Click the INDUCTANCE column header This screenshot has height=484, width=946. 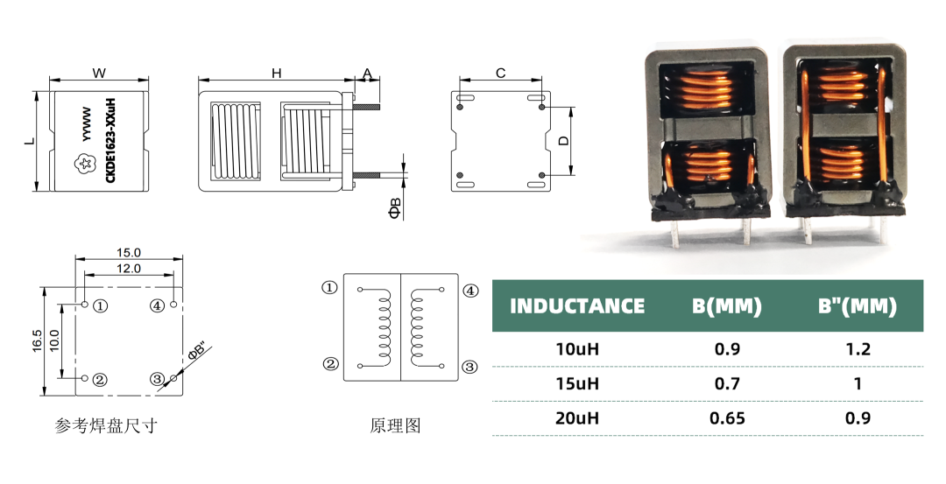(576, 306)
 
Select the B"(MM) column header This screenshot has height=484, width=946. (858, 306)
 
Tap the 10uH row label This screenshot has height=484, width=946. (577, 349)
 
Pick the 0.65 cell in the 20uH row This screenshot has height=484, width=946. (727, 417)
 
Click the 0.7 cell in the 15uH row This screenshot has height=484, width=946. (727, 383)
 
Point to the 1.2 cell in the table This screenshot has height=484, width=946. (858, 349)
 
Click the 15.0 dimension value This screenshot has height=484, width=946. (129, 252)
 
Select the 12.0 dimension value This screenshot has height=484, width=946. (129, 269)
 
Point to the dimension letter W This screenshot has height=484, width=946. (98, 74)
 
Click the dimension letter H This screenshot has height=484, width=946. (276, 74)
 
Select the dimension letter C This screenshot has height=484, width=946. (500, 74)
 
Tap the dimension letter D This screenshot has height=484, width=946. (564, 140)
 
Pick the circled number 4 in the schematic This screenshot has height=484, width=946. (470, 290)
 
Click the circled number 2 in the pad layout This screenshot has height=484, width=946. (101, 380)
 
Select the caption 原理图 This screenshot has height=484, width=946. (396, 426)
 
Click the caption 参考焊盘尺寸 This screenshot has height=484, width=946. (107, 426)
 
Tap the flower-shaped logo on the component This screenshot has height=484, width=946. (86, 163)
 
